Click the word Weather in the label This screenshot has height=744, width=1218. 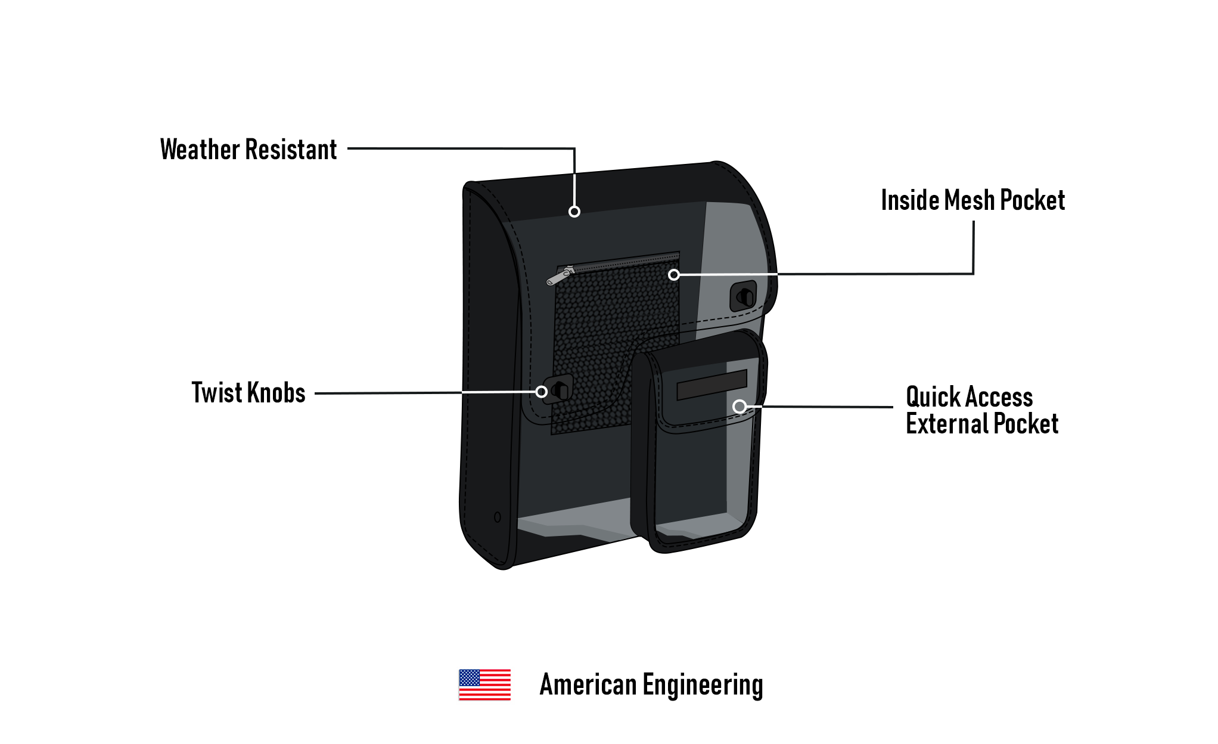pos(200,150)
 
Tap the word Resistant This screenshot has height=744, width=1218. pos(291,150)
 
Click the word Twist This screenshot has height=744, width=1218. pos(216,393)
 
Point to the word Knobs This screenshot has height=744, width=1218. pos(276,393)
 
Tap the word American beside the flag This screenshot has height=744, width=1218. pos(588,684)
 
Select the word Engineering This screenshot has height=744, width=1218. pos(703,686)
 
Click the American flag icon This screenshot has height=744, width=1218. pos(484,684)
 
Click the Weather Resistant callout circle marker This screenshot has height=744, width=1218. pos(574,212)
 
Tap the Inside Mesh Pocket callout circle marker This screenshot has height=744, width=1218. pos(674,275)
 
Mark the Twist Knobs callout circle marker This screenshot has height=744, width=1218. pos(541,392)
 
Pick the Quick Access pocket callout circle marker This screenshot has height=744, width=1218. pos(740,407)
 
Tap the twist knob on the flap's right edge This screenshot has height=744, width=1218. pos(744,296)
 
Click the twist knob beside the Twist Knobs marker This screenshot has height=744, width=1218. pos(559,390)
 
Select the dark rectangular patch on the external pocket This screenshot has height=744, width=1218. pos(711,385)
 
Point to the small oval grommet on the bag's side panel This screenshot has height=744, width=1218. pos(498,517)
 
